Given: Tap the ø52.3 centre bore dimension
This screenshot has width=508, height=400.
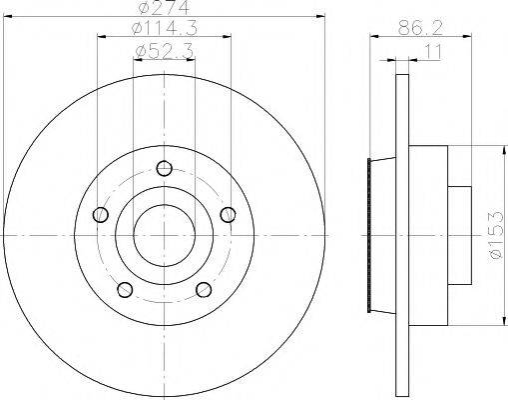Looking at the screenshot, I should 163,49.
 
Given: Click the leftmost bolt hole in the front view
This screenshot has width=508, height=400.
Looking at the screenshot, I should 99,214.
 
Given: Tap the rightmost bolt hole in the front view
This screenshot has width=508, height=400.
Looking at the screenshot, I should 229,214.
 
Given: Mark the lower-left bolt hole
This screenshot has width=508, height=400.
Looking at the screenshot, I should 125,290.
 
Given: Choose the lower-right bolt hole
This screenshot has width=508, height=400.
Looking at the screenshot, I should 204,290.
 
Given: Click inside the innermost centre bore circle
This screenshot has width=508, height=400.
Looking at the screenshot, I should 164,236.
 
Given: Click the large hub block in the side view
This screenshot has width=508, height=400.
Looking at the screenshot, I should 427,236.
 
